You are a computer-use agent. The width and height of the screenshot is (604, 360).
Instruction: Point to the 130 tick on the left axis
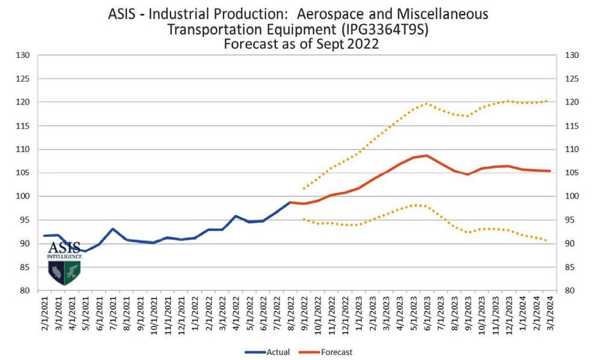click(23, 56)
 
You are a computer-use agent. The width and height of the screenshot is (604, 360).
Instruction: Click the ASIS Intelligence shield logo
click(64, 263)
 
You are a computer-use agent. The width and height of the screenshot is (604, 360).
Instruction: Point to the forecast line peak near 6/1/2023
click(426, 155)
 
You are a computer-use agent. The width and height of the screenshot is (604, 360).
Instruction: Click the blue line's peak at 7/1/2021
click(113, 229)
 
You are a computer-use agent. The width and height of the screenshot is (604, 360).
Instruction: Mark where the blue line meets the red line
click(290, 202)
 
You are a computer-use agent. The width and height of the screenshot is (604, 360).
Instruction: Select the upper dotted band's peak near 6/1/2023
click(426, 103)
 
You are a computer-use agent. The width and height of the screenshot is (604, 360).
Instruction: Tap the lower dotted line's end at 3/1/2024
click(547, 241)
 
